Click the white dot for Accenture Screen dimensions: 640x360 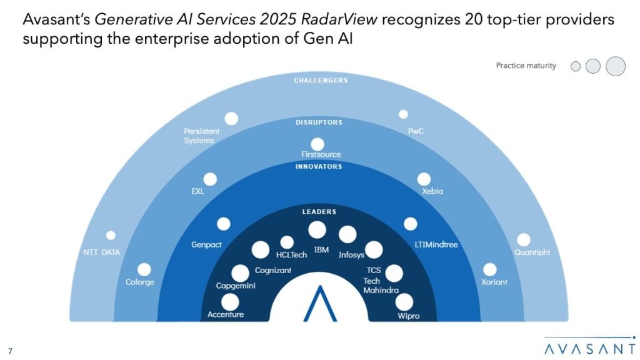(x=230, y=302)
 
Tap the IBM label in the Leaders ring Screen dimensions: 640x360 (x=321, y=250)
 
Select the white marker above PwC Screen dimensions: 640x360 (x=403, y=114)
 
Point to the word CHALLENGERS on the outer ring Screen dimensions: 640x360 (x=321, y=81)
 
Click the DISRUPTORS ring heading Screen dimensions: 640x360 (x=319, y=122)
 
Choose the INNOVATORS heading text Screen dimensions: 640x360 (x=319, y=166)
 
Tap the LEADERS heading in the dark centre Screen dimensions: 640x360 (x=319, y=212)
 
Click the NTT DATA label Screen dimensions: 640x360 (x=102, y=252)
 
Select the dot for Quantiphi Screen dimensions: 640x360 (x=524, y=240)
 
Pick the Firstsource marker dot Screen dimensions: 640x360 (x=317, y=144)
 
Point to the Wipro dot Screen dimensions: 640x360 (x=404, y=302)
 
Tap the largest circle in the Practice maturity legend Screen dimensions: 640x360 (x=616, y=66)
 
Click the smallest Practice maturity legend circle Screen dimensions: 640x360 (x=576, y=66)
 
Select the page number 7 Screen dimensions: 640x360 (x=10, y=351)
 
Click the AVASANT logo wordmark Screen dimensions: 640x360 (x=590, y=349)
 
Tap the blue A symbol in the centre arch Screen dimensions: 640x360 (x=320, y=304)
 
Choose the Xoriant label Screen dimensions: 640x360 (x=494, y=282)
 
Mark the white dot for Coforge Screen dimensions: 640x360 (x=144, y=270)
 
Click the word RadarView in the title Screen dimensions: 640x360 (x=339, y=19)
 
